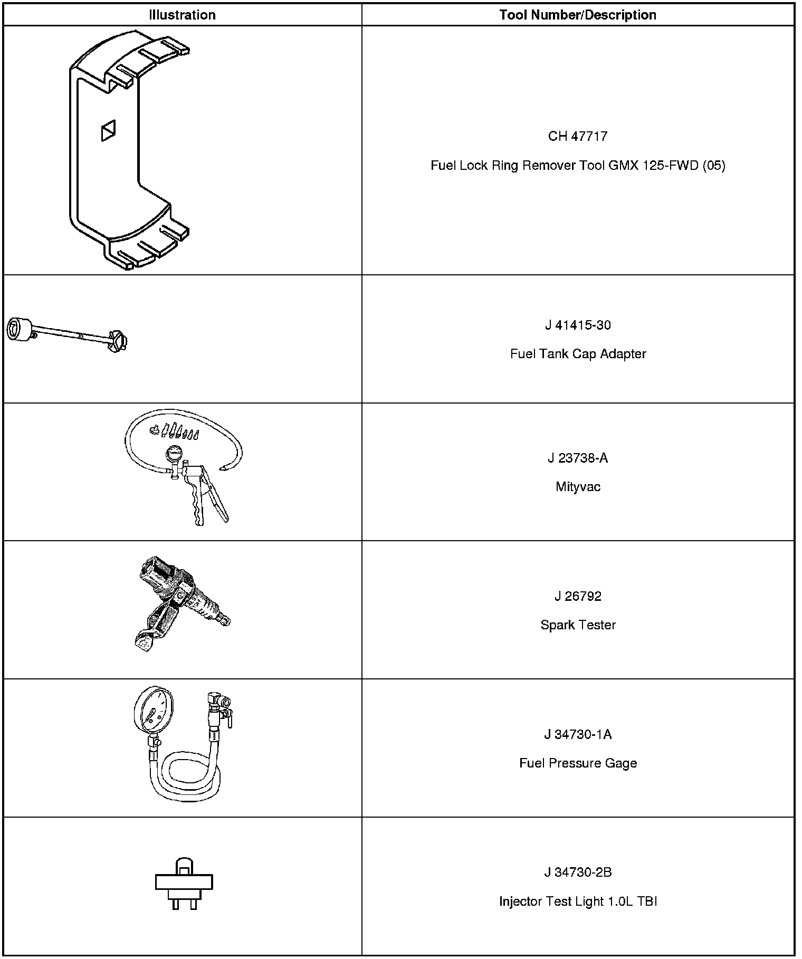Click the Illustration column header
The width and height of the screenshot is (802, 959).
182,15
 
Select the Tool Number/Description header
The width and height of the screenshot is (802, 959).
578,15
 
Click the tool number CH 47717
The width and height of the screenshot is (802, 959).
578,136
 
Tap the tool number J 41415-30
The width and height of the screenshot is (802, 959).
578,325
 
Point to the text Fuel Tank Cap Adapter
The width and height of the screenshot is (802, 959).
578,353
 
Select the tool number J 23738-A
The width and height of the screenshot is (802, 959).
578,458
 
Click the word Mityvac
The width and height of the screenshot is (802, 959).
578,486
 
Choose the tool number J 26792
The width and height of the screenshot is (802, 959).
578,596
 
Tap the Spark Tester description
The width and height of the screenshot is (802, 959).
578,625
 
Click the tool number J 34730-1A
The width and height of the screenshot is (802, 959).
578,734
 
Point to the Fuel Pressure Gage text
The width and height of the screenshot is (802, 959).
578,763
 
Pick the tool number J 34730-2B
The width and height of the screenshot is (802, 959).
578,872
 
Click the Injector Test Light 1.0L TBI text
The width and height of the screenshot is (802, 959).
578,901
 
